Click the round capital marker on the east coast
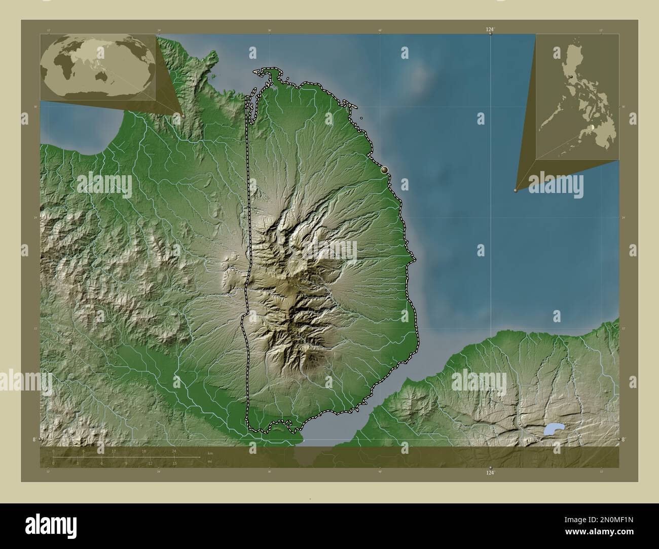tap(385, 170)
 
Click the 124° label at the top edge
tap(489, 30)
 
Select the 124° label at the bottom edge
tap(489, 473)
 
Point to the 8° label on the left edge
tap(34, 440)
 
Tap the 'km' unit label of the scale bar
tap(210, 453)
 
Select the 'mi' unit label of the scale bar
tap(209, 461)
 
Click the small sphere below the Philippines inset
tap(516, 190)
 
